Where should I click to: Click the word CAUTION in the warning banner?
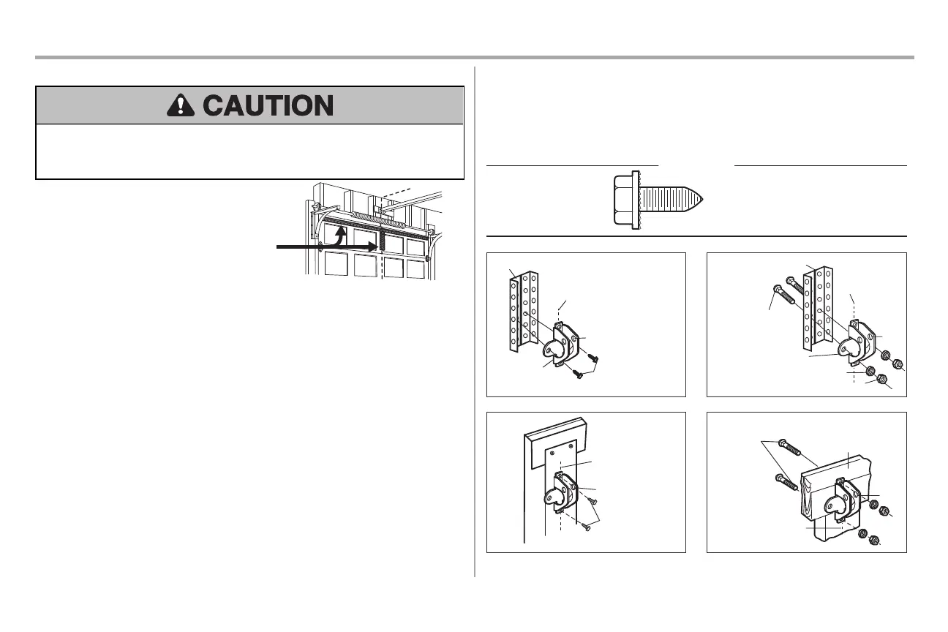268,106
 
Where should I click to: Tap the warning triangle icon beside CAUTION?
181,106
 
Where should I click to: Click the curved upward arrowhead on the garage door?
343,230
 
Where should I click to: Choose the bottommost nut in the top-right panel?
881,380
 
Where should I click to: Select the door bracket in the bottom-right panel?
849,500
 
